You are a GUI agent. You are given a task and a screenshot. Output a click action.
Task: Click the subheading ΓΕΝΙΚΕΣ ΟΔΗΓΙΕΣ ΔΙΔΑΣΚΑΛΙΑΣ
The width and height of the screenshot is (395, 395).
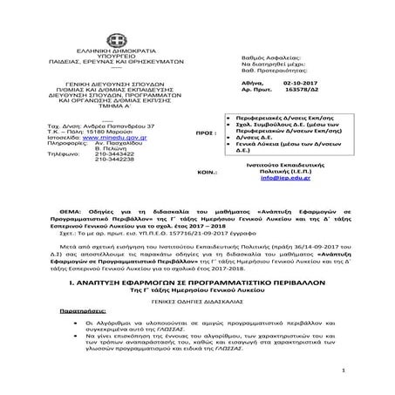click(197, 296)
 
